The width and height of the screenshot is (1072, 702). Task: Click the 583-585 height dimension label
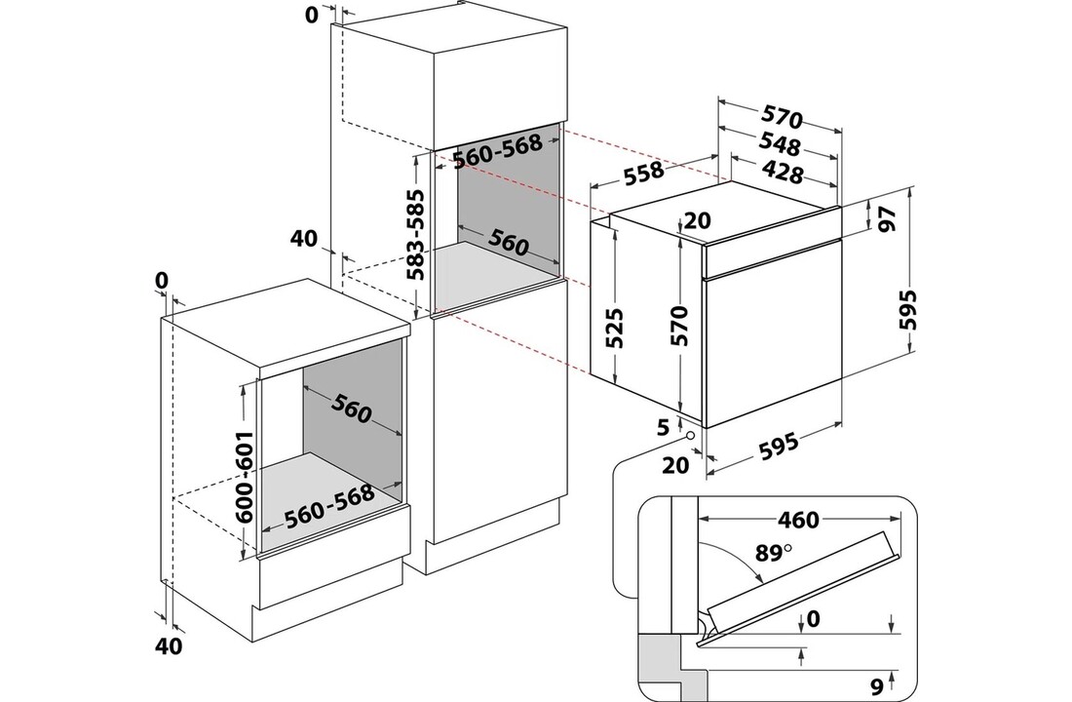click(415, 236)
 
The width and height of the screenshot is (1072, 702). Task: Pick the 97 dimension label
click(887, 218)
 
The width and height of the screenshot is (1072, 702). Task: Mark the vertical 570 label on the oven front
click(681, 327)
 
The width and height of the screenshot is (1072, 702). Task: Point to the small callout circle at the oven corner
click(692, 435)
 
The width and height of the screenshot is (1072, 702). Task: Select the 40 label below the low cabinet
click(169, 644)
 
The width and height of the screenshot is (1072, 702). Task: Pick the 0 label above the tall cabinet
click(311, 17)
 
